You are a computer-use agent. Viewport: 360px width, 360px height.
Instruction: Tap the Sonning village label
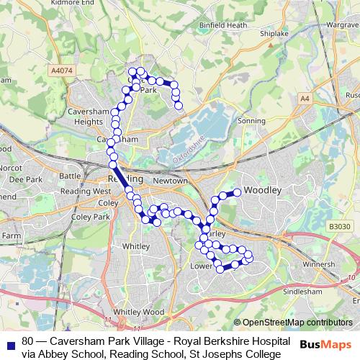point(251,122)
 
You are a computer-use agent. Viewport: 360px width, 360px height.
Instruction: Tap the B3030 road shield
point(339,227)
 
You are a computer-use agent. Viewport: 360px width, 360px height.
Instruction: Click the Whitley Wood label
point(135,312)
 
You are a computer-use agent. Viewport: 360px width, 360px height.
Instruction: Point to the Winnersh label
point(318,264)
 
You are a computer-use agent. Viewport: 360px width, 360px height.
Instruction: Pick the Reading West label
point(86,192)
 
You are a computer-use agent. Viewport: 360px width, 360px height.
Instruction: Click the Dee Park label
point(27,179)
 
